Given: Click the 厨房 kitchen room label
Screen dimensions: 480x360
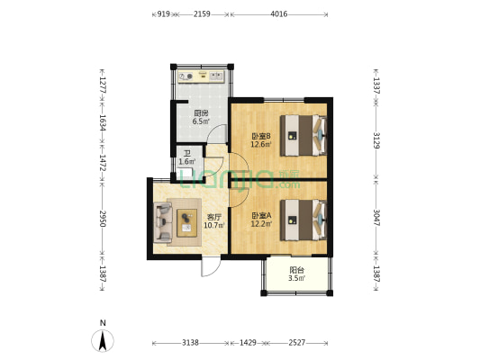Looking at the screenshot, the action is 201,113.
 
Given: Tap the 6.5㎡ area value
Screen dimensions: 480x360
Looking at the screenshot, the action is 201,121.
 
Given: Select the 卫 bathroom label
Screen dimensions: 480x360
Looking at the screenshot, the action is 186,154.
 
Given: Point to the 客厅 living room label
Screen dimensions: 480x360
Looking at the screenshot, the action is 214,218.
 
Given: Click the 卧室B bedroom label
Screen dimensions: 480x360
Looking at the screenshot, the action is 261,136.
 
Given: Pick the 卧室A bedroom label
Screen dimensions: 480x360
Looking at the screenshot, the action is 261,216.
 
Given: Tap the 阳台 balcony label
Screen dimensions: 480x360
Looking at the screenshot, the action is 296,270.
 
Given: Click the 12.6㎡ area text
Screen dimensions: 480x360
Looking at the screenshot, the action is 261,144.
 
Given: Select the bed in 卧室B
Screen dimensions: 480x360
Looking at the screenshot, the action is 303,135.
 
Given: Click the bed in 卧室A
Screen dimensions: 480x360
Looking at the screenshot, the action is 303,220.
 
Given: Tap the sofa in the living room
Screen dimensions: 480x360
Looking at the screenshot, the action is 163,222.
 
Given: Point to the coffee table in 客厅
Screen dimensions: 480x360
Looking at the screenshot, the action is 186,223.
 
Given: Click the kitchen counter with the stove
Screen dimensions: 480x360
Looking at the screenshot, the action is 202,76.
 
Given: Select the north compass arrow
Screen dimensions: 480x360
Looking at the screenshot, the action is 103,340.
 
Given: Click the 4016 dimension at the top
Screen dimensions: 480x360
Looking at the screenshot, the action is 279,14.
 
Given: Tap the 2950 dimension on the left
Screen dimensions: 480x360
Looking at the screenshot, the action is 103,219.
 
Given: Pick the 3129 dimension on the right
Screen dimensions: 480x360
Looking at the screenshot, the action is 376,140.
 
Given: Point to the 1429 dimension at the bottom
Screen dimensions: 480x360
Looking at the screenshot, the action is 248,343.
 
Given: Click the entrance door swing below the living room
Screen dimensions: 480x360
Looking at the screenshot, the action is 211,266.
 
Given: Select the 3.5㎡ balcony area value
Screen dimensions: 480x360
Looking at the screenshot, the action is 296,278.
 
